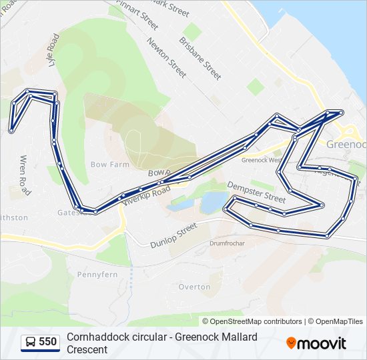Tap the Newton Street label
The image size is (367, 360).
click(167, 59)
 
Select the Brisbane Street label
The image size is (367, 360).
click(200, 59)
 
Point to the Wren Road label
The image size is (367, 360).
click(25, 175)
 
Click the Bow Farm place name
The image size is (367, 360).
click(109, 164)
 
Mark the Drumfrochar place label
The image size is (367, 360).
click(227, 243)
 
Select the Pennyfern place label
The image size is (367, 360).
click(97, 275)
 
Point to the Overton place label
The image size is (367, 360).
click(194, 287)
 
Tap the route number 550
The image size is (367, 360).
click(48, 342)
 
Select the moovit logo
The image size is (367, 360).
click(316, 343)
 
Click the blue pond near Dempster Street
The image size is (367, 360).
click(212, 201)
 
